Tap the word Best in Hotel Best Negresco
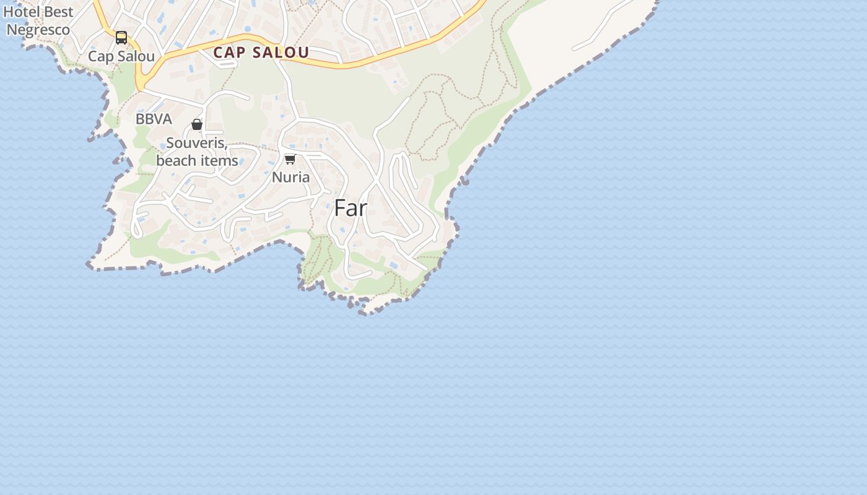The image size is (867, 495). tap(58, 12)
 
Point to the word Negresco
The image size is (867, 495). tap(38, 29)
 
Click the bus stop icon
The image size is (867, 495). tap(121, 38)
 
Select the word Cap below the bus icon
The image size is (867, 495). tap(101, 56)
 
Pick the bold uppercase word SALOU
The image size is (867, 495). tap(281, 53)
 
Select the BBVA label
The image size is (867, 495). tap(154, 119)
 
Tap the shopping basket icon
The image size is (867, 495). tap(197, 124)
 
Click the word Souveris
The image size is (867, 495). tap(197, 144)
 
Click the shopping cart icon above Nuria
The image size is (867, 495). tap(290, 159)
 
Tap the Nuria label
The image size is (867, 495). tap(290, 177)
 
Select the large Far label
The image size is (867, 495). tap(351, 209)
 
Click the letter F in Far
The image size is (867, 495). tap(339, 209)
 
